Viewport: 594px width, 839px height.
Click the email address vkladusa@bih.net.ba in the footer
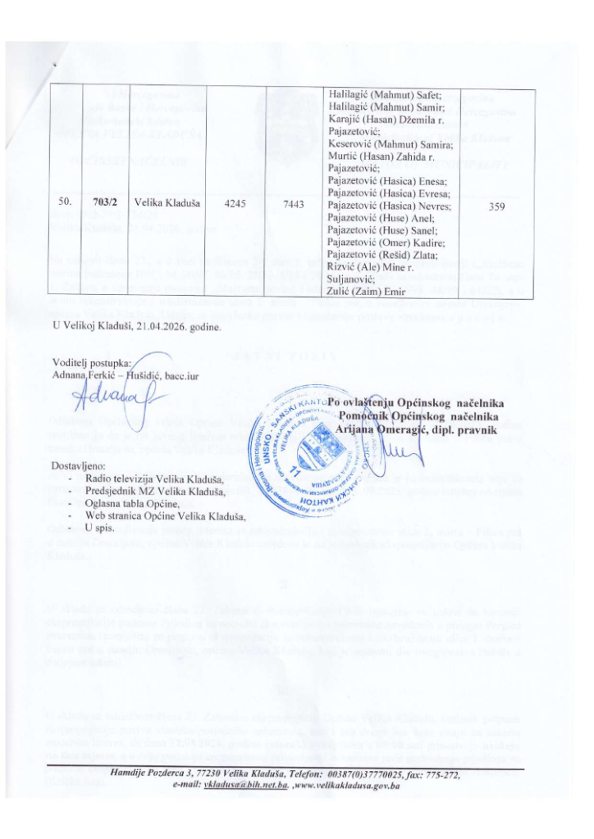pyautogui.click(x=249, y=784)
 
